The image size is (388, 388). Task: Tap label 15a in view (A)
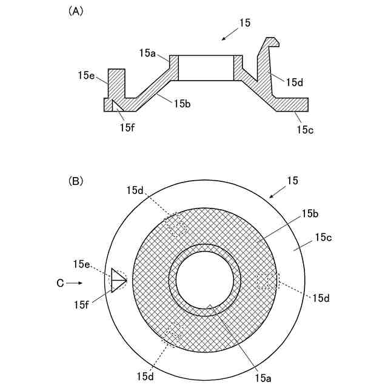point(147,53)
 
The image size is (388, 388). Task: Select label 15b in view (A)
point(182,104)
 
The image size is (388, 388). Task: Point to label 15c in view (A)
point(304,129)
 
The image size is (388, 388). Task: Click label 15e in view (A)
point(86,76)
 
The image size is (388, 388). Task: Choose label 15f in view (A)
point(127,127)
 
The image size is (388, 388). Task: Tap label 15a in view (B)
point(263,378)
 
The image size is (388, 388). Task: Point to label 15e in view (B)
point(81,264)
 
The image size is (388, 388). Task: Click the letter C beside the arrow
point(59,283)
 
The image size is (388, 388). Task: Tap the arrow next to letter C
point(75,283)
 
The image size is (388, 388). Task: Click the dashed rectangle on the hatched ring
point(267,280)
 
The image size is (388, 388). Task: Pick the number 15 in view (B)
point(292,181)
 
